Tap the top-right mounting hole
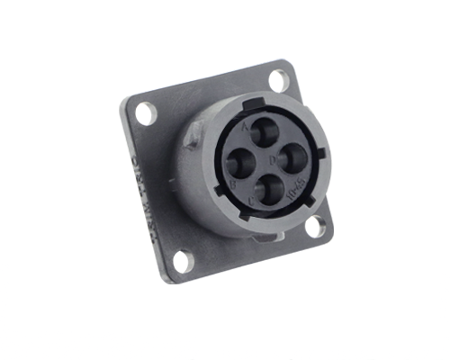point(277,80)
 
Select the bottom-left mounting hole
point(183,262)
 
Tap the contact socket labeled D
point(292,157)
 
